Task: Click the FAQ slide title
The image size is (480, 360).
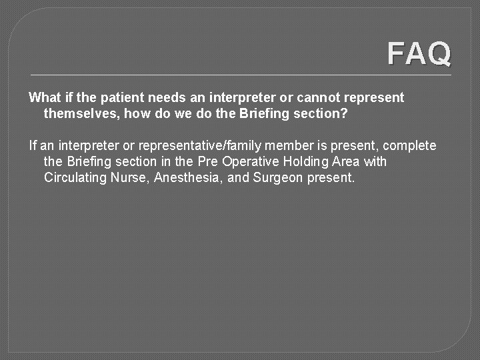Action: [419, 54]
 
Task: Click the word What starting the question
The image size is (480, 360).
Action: [44, 97]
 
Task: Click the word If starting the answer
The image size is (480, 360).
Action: [33, 145]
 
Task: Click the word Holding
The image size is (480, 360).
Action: [304, 161]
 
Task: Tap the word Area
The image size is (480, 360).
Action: [345, 161]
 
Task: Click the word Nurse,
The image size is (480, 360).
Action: [130, 177]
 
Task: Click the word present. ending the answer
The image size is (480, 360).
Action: [331, 177]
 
